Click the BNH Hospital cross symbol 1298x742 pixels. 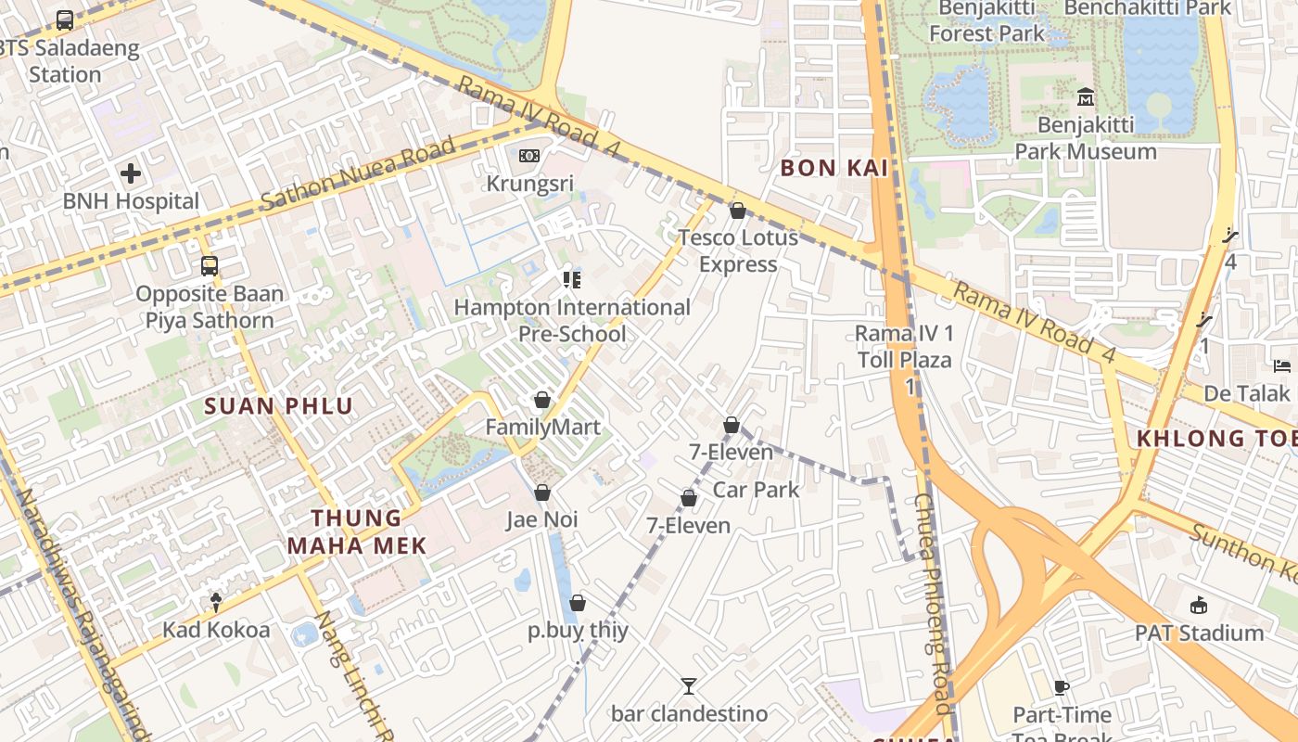pyautogui.click(x=131, y=173)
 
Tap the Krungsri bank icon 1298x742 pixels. pyautogui.click(x=529, y=156)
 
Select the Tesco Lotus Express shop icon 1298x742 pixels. pyautogui.click(x=738, y=211)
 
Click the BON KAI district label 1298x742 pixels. pyautogui.click(x=834, y=168)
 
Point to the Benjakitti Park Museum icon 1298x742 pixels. pyautogui.click(x=1086, y=96)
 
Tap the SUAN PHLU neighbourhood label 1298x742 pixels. pyautogui.click(x=279, y=405)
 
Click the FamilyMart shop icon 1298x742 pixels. pyautogui.click(x=542, y=400)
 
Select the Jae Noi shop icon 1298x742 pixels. pyautogui.click(x=542, y=493)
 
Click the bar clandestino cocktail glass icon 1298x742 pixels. pyautogui.click(x=689, y=686)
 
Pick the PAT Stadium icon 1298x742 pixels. pyautogui.click(x=1199, y=606)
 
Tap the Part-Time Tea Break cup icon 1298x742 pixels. pyautogui.click(x=1062, y=687)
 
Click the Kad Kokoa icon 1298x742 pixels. pyautogui.click(x=216, y=603)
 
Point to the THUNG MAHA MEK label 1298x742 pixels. pyautogui.click(x=357, y=531)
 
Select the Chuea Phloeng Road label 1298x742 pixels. pyautogui.click(x=934, y=603)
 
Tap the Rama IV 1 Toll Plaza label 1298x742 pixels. pyautogui.click(x=904, y=346)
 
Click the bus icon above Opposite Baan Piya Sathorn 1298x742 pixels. pyautogui.click(x=210, y=266)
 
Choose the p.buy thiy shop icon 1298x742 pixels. pyautogui.click(x=578, y=603)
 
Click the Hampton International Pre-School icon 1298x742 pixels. pyautogui.click(x=571, y=279)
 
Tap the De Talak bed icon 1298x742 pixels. pyautogui.click(x=1282, y=365)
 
